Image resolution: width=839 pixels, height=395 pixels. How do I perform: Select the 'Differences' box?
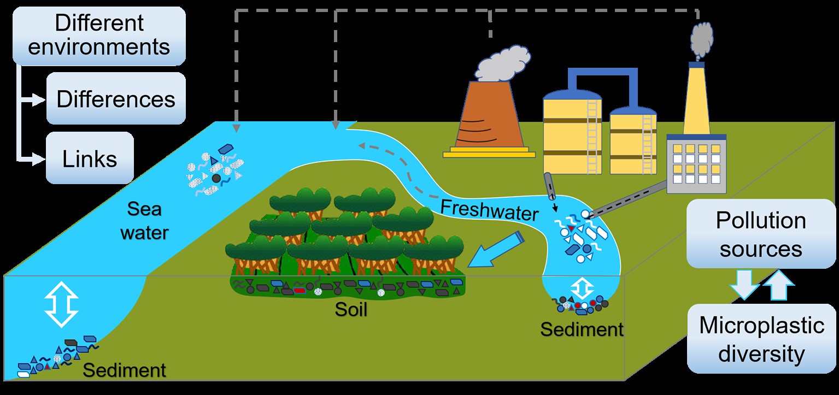pyautogui.click(x=116, y=99)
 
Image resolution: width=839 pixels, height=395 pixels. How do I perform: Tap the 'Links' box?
pyautogui.click(x=90, y=158)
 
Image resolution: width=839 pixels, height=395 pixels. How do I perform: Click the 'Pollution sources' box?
pyautogui.click(x=761, y=234)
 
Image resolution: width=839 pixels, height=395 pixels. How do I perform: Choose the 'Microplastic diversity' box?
pyautogui.click(x=761, y=339)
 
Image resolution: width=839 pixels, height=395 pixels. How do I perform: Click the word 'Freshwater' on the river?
pyautogui.click(x=489, y=209)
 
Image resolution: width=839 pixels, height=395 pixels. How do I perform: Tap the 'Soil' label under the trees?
pyautogui.click(x=351, y=310)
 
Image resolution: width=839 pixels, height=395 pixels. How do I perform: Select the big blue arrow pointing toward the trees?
pyautogui.click(x=499, y=249)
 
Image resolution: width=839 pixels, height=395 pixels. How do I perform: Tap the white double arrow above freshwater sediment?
pyautogui.click(x=583, y=287)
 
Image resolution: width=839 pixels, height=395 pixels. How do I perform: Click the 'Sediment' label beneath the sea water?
pyautogui.click(x=124, y=370)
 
